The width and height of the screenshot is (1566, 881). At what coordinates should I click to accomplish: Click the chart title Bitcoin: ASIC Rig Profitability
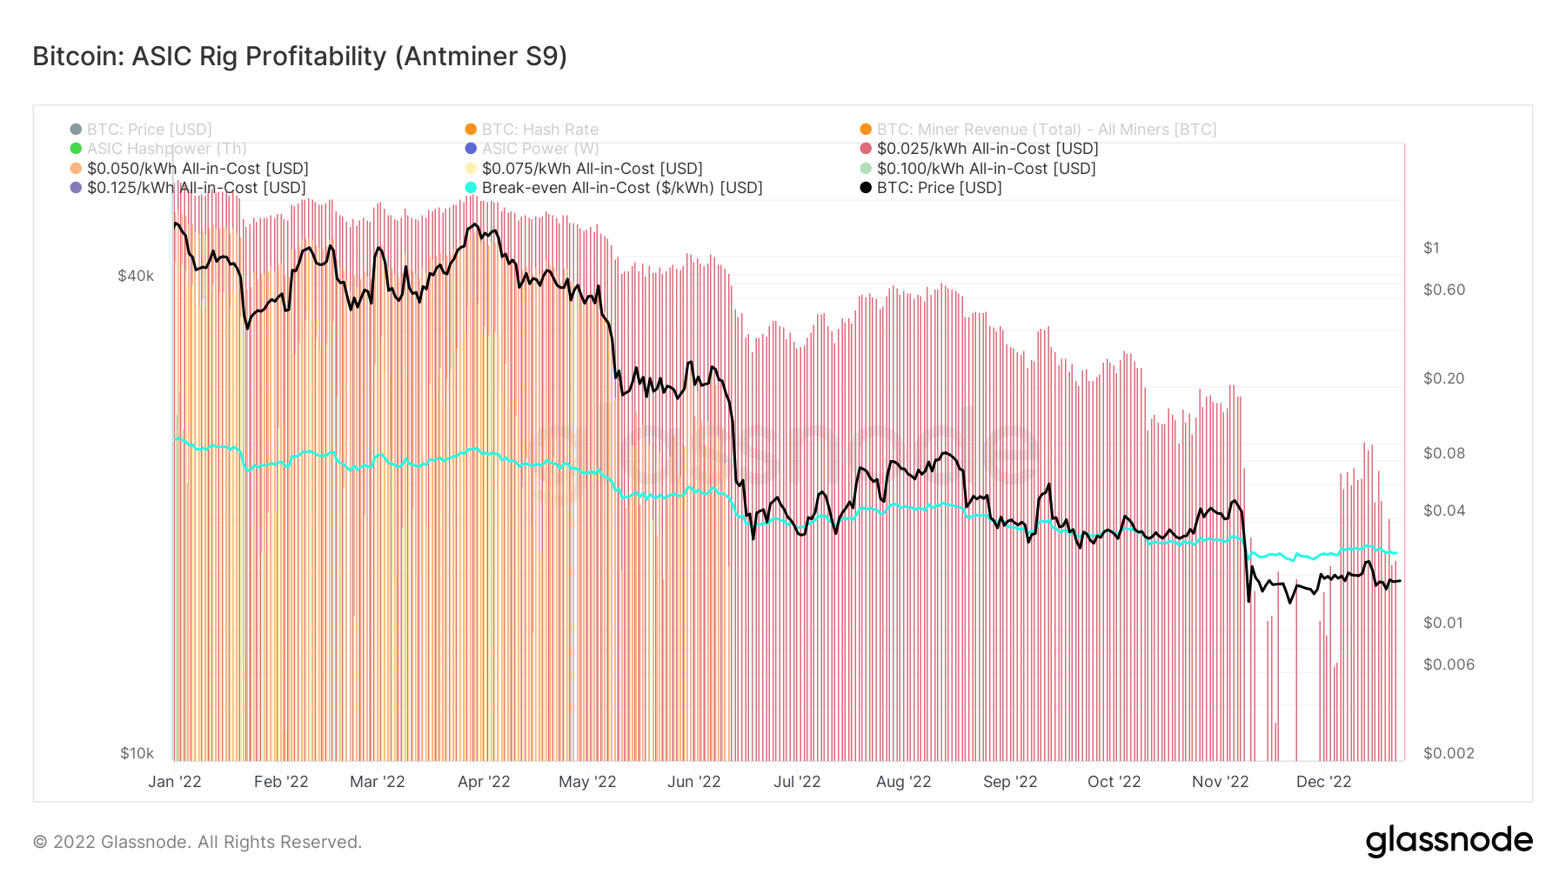299,57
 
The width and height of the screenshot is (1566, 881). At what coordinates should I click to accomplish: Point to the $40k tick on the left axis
136,276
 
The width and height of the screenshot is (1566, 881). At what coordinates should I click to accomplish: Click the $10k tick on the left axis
137,753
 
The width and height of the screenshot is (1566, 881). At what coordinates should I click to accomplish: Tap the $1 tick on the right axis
1431,248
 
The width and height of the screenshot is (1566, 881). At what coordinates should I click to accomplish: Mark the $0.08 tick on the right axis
1443,453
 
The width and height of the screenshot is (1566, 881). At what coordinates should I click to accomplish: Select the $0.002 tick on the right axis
1449,753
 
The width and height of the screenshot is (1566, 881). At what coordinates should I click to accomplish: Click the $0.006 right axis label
1449,664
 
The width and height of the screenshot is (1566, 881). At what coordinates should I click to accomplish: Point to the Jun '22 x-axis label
693,782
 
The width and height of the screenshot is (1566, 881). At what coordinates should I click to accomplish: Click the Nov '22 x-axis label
1220,782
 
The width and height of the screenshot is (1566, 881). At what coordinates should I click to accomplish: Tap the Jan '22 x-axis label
174,782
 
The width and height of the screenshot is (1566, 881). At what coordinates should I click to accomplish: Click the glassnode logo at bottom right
1449,841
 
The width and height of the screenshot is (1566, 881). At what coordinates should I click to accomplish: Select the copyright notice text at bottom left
197,842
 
